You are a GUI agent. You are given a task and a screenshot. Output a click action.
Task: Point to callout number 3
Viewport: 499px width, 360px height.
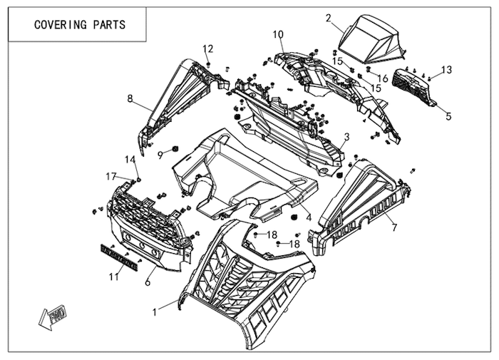click(x=346, y=136)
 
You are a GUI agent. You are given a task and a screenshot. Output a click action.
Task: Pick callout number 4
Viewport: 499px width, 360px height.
click(x=309, y=217)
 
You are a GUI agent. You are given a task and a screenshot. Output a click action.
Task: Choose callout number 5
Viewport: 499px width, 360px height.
click(x=448, y=115)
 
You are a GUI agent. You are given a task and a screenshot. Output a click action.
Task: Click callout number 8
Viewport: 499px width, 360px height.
click(x=130, y=99)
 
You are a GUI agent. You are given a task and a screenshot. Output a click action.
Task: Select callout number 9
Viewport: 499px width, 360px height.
click(x=161, y=153)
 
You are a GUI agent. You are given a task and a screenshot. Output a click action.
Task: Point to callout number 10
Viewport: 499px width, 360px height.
click(x=277, y=34)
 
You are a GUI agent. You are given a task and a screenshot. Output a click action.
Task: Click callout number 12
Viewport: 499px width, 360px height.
click(x=207, y=48)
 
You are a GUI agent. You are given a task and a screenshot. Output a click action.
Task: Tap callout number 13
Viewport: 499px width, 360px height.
click(x=446, y=69)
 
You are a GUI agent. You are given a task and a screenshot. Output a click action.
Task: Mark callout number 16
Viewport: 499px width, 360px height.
click(x=382, y=78)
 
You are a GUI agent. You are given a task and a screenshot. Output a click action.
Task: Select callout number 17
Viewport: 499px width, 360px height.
click(x=111, y=175)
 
